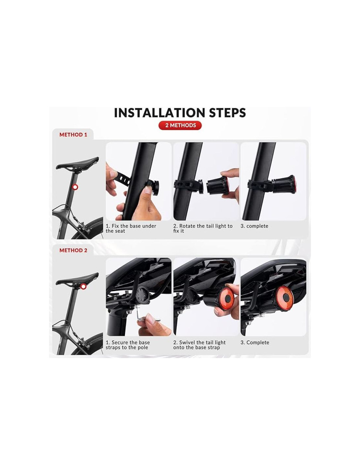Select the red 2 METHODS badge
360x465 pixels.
(x=180, y=125)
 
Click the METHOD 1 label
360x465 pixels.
(x=73, y=135)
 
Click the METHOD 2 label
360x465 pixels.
(x=73, y=250)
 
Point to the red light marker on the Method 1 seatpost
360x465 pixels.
(x=75, y=187)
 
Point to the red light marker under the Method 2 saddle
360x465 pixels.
(x=83, y=286)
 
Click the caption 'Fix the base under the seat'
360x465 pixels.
(x=131, y=228)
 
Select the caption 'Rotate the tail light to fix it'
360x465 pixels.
(x=203, y=228)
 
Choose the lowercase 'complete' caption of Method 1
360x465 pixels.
(x=254, y=226)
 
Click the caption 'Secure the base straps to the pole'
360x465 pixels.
(x=128, y=345)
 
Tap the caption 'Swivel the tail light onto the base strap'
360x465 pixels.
(x=199, y=345)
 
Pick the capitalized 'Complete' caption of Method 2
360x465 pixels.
(x=255, y=342)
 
